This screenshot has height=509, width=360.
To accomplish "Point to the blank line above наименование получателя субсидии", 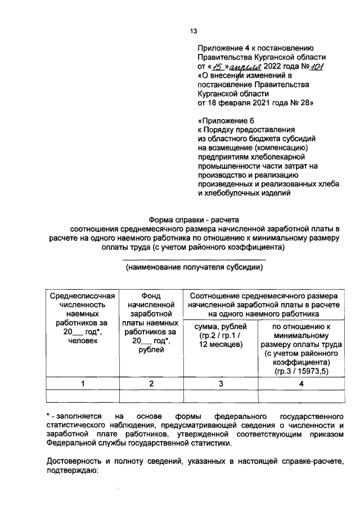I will pyautogui.click(x=194, y=259).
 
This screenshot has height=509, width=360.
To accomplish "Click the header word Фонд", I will pyautogui.click(x=151, y=296).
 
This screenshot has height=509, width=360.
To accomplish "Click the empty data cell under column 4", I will pyautogui.click(x=300, y=396).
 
